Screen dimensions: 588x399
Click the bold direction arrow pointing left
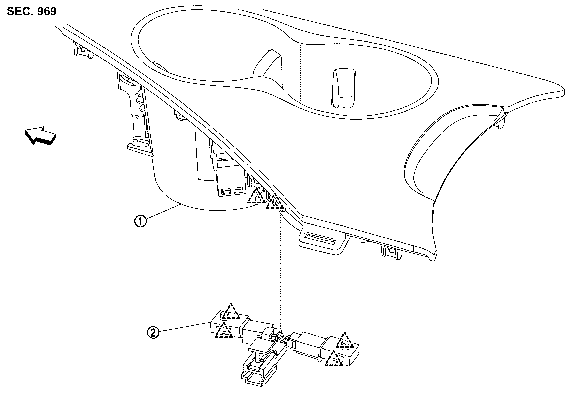pyautogui.click(x=40, y=135)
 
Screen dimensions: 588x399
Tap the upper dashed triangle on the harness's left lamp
pyautogui.click(x=231, y=312)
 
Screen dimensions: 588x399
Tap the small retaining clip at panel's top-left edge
pyautogui.click(x=82, y=50)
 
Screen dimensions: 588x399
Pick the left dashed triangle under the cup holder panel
pyautogui.click(x=257, y=196)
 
